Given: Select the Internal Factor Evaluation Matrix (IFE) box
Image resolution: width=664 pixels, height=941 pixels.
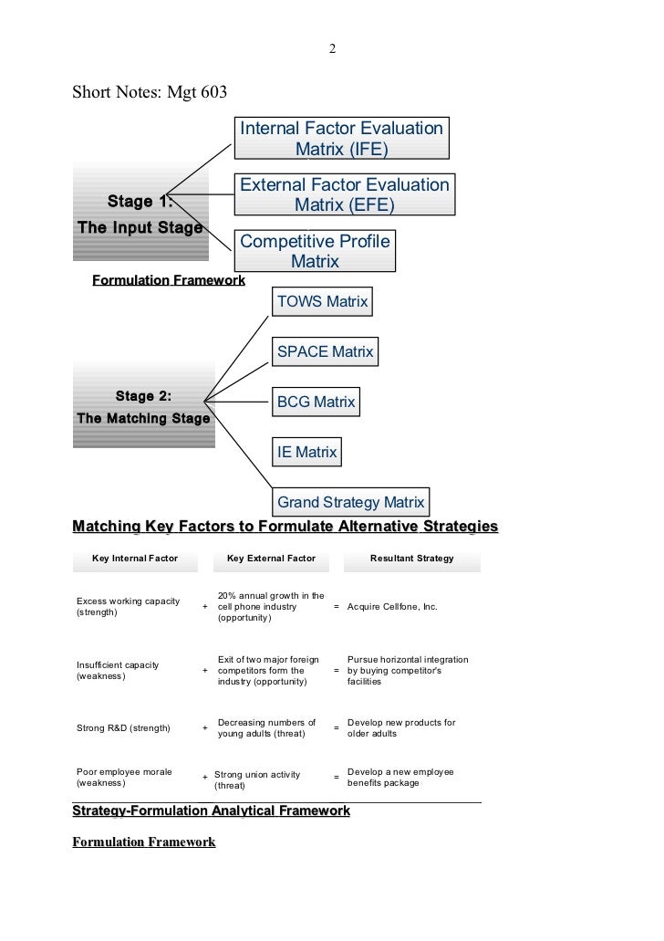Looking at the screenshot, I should (x=341, y=138).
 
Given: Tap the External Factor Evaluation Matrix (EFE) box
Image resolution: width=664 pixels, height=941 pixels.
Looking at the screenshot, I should (x=344, y=195).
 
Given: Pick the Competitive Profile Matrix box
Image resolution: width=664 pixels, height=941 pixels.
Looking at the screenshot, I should (x=315, y=251).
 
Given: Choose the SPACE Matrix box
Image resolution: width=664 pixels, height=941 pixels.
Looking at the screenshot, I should (x=325, y=351).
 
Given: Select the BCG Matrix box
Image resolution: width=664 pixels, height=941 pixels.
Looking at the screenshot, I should (x=316, y=402).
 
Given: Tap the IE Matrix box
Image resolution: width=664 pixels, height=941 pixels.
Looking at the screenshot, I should (x=306, y=452).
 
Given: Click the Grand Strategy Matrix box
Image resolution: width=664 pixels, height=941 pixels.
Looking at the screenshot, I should (x=350, y=502).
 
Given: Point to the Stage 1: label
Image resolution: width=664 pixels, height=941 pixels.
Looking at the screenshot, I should (x=140, y=202).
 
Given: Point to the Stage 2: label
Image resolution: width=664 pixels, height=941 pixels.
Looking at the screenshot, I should (x=143, y=396).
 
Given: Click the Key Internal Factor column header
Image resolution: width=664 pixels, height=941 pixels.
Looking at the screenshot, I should (x=135, y=558).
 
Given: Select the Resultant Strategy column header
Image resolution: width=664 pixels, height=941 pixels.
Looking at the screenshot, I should (x=411, y=558).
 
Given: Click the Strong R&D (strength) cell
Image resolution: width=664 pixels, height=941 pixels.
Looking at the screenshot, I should (x=124, y=728).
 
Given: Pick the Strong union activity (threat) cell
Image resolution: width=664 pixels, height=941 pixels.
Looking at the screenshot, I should (x=256, y=779).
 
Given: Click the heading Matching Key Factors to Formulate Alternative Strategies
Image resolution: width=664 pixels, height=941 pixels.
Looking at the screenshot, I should (x=285, y=527).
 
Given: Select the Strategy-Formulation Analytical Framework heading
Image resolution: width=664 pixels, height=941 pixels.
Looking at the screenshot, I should (x=211, y=810).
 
